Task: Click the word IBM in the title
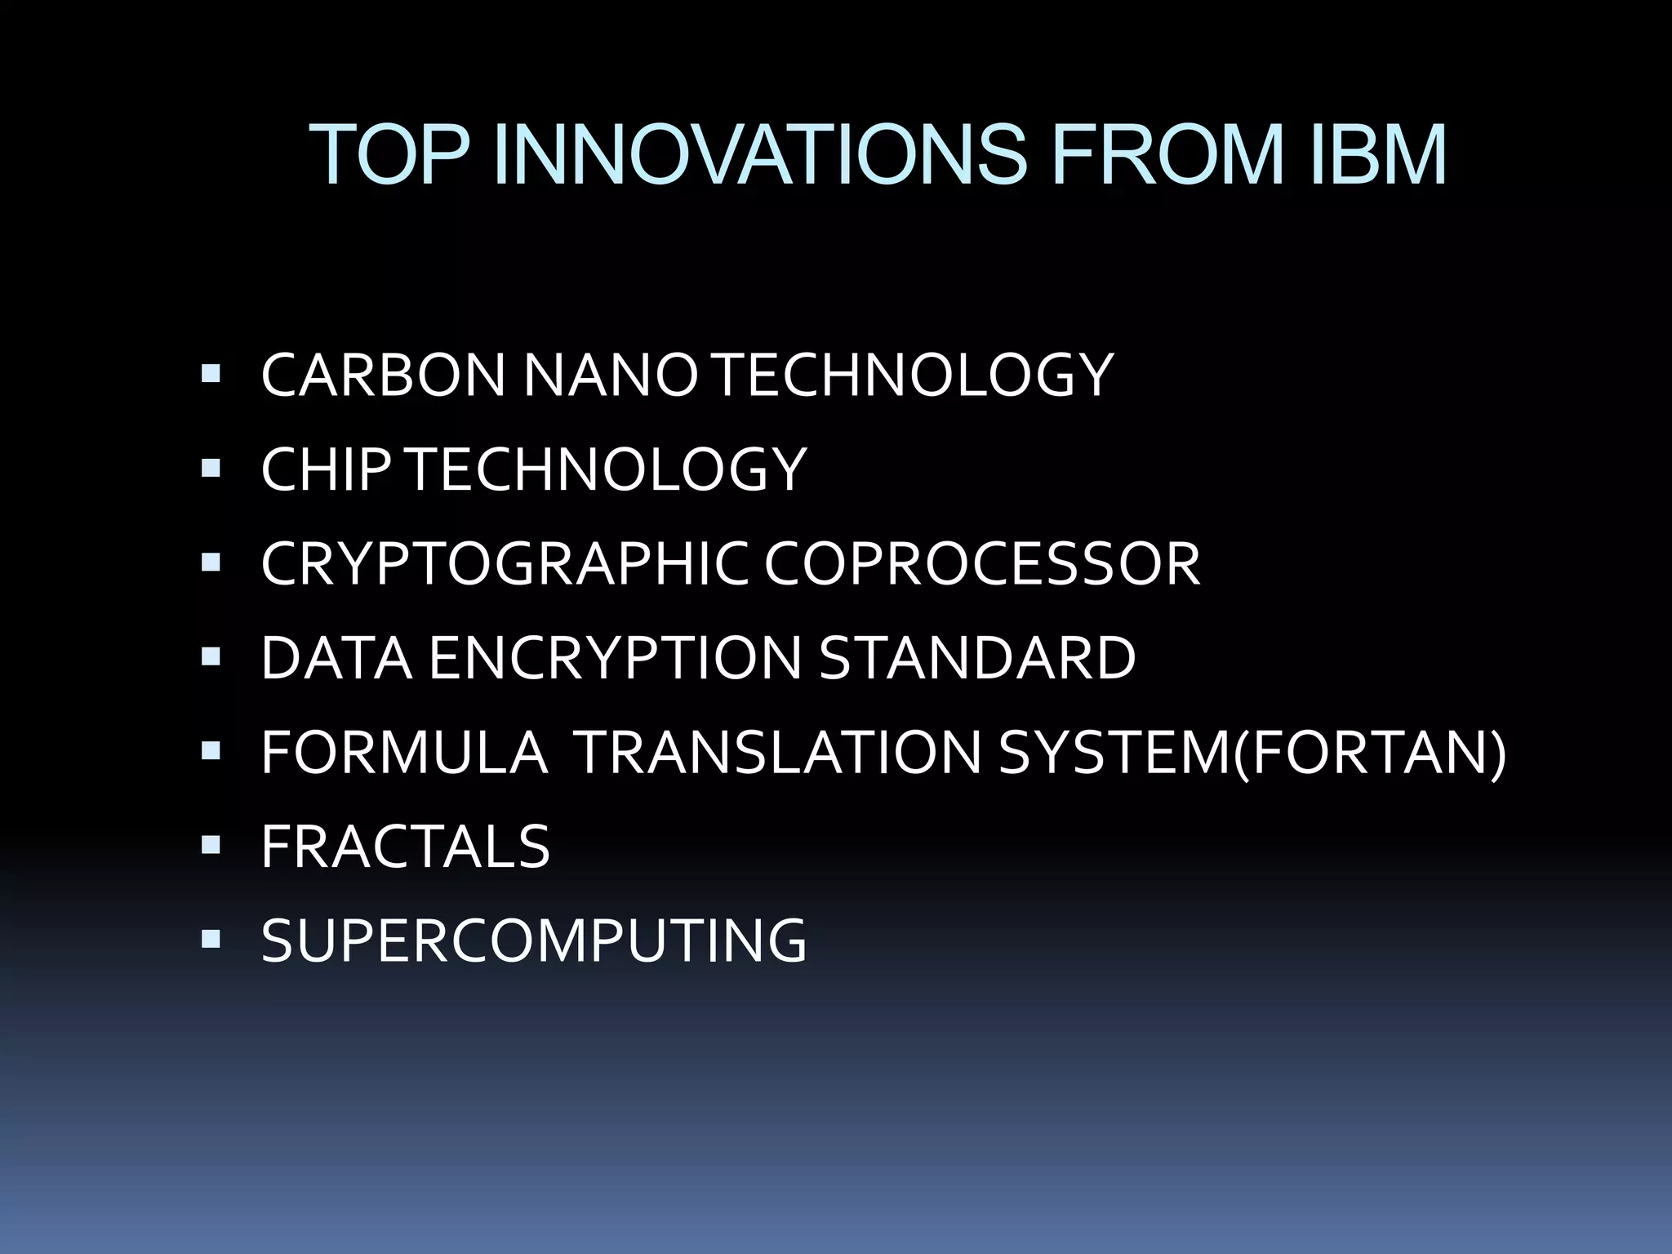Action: pos(1377,155)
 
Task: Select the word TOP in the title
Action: pos(392,155)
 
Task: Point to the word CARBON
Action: pos(383,376)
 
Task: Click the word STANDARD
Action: pos(977,658)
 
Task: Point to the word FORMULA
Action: pos(404,752)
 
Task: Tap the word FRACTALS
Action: pos(406,847)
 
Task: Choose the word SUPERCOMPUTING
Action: pos(534,940)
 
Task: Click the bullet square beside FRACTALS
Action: pos(211,844)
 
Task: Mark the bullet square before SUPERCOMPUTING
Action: pos(211,939)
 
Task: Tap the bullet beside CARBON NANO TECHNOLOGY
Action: pos(211,374)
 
